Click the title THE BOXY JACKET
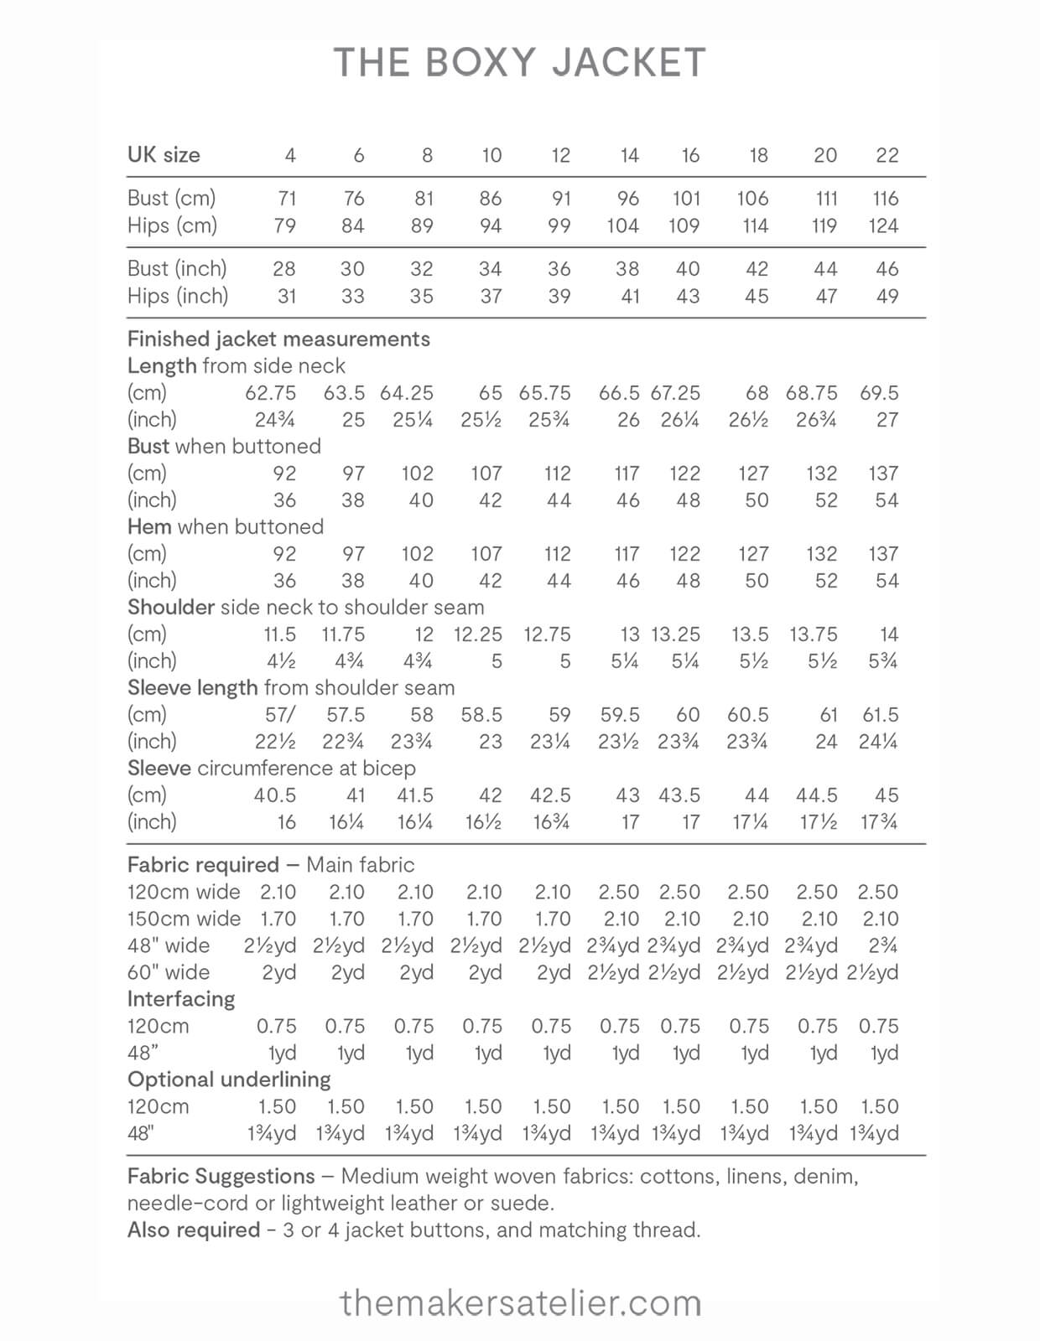tap(520, 64)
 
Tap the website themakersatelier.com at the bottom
tap(520, 1303)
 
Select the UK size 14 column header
tap(629, 155)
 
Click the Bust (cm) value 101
tap(686, 199)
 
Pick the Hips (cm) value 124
tap(883, 225)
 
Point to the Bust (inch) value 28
tap(284, 269)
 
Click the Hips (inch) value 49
tap(887, 296)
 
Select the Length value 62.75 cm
tap(271, 393)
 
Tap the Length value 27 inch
tap(887, 420)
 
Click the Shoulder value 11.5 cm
tap(280, 634)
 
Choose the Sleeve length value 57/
tap(280, 715)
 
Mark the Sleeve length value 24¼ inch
tap(878, 742)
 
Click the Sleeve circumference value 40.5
tap(275, 795)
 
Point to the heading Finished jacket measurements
tap(278, 339)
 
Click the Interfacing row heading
tap(181, 999)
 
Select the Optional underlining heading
tap(229, 1080)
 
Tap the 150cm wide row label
tap(184, 919)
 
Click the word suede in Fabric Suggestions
tap(526, 1204)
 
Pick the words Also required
tap(194, 1230)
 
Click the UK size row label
tap(164, 155)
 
